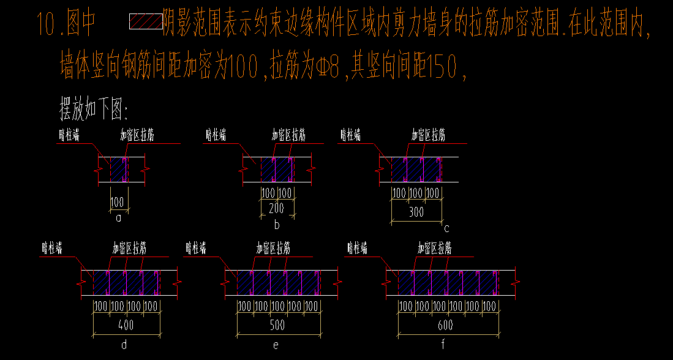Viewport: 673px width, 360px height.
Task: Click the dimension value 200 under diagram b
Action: [x=277, y=208]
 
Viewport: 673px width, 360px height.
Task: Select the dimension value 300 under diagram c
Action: [x=416, y=212]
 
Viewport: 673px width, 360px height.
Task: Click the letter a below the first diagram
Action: [x=118, y=217]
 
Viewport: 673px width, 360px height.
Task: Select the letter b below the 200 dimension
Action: [x=277, y=225]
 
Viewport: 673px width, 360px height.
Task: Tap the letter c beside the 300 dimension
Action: [x=446, y=228]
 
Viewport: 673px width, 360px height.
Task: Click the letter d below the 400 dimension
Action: [x=124, y=345]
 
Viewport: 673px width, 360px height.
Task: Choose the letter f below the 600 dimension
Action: [x=443, y=345]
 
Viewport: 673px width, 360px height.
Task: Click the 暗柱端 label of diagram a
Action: [x=69, y=135]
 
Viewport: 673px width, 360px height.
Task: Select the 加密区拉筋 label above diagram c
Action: [x=428, y=135]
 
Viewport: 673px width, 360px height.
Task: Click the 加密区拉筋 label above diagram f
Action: [x=435, y=248]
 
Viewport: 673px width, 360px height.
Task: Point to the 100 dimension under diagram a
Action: [x=117, y=201]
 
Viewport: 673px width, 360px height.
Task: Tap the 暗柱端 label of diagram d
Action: [x=52, y=248]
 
